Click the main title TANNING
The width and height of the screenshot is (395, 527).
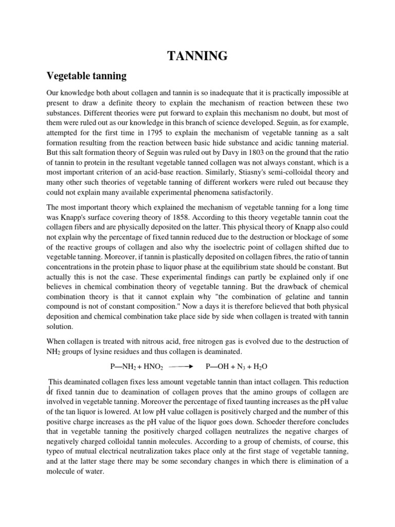click(x=197, y=56)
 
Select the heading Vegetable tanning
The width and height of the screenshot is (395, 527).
click(x=87, y=76)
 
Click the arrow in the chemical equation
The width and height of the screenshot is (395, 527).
click(x=180, y=367)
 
